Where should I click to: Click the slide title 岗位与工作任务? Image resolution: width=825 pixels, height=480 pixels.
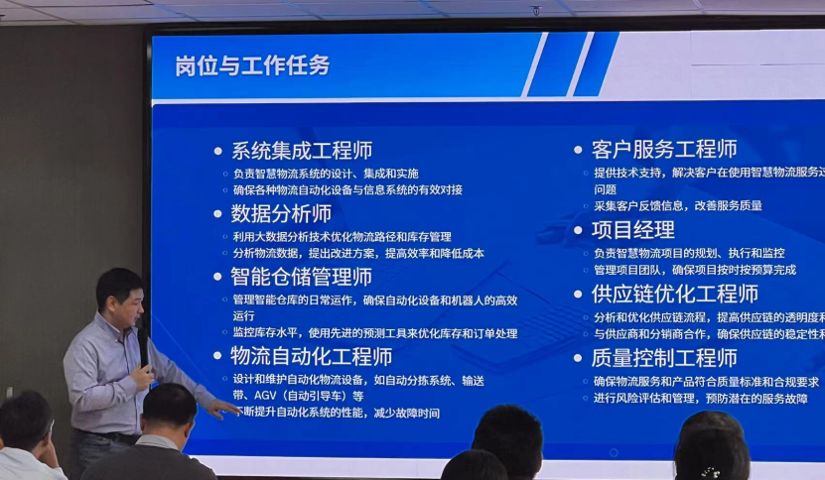(252, 66)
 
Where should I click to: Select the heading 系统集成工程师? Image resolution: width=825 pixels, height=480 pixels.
(302, 151)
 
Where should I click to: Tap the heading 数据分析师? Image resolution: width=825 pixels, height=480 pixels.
(281, 213)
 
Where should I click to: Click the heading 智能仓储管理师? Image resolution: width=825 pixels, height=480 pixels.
(302, 277)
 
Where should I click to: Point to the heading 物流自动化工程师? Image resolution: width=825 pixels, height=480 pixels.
(312, 355)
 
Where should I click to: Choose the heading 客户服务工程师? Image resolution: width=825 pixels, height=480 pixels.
(664, 150)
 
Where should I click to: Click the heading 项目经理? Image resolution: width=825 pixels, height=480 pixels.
(633, 230)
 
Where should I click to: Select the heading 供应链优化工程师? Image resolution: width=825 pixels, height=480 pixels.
(675, 295)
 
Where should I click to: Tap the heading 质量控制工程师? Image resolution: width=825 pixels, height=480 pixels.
(664, 358)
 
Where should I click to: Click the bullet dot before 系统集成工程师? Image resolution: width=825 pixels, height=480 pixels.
(218, 152)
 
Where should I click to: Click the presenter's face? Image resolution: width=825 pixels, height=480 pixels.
(121, 295)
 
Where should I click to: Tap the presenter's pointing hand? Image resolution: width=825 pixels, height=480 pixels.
(220, 407)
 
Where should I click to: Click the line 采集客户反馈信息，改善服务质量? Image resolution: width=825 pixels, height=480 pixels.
(678, 205)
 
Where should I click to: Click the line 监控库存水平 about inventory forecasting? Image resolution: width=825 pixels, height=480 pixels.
(375, 332)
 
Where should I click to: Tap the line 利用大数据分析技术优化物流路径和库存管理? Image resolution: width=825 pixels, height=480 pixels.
(342, 237)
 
